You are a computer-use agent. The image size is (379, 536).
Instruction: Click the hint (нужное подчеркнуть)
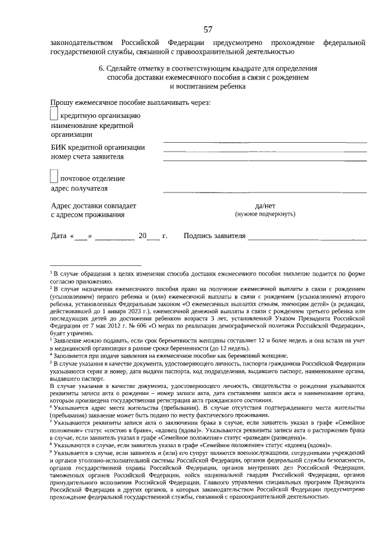click(265, 214)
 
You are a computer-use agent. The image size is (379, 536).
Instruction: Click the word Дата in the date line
click(59, 236)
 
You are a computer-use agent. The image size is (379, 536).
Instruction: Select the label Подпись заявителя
click(214, 236)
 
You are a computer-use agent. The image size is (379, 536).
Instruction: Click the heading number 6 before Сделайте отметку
click(101, 68)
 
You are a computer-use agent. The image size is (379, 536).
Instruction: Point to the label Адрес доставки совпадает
click(94, 206)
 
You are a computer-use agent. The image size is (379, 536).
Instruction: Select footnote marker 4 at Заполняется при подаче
click(52, 355)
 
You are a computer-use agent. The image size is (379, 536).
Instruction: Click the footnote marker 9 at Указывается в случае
click(52, 451)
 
